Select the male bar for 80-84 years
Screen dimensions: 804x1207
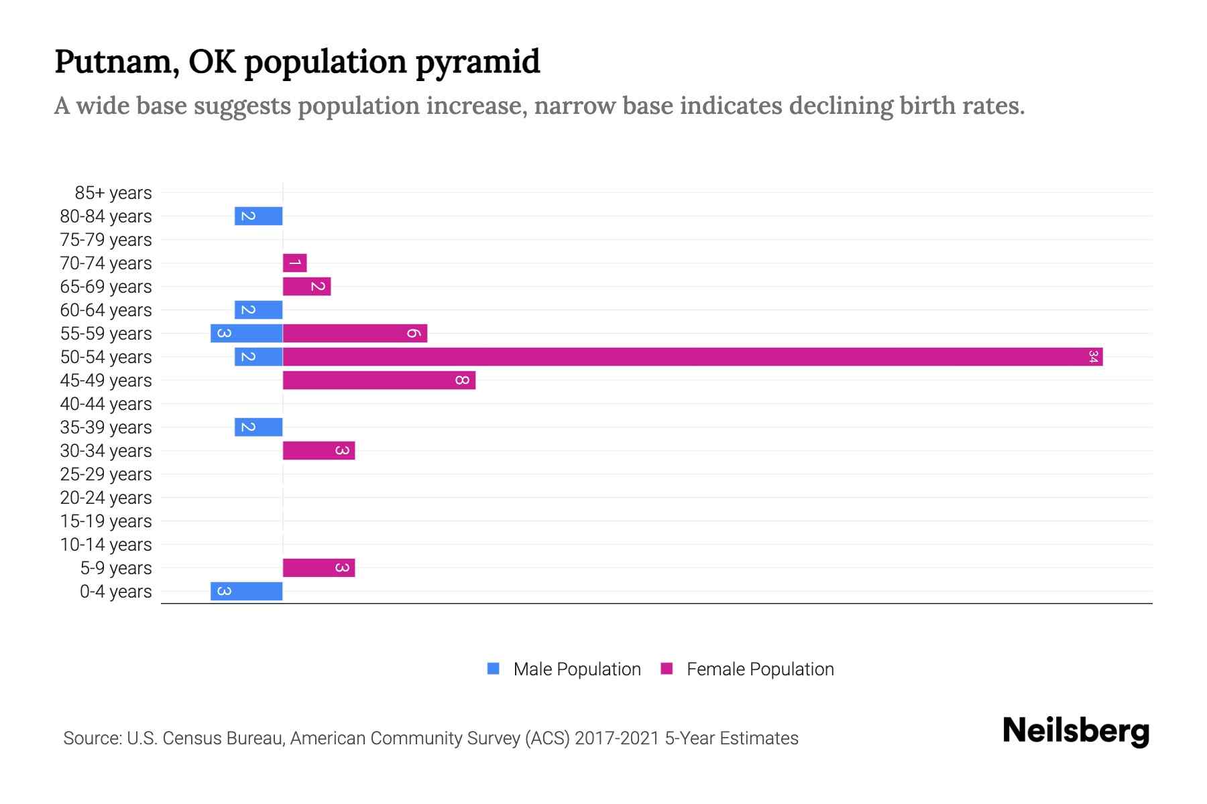point(258,216)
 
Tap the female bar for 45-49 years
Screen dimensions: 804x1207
point(379,381)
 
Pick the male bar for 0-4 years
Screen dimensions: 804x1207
point(246,592)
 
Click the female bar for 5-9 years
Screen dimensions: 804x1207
point(319,568)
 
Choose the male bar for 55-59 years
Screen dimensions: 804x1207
point(246,334)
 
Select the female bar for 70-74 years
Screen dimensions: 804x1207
point(294,263)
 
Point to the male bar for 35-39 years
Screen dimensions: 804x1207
point(258,427)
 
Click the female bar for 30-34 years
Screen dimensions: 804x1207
point(319,451)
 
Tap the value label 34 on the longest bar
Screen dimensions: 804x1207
point(1093,357)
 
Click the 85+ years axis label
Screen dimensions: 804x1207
point(113,193)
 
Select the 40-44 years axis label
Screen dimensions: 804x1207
point(106,404)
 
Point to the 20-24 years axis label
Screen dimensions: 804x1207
point(106,498)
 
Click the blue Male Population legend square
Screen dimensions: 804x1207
point(494,669)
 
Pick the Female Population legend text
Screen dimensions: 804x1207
point(760,669)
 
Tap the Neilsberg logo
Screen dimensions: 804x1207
point(1076,731)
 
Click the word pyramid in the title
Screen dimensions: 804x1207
point(477,62)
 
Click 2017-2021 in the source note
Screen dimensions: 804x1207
point(617,738)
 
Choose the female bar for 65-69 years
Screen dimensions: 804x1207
point(306,287)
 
